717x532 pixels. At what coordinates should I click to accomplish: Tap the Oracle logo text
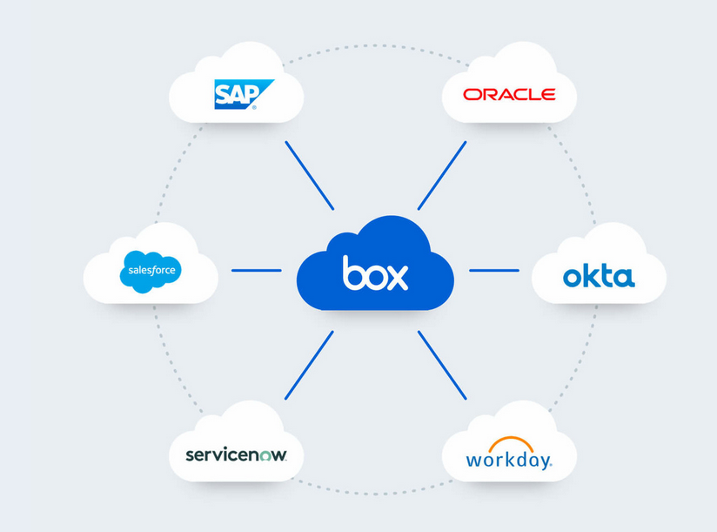click(509, 94)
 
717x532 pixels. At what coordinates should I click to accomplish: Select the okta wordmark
click(599, 277)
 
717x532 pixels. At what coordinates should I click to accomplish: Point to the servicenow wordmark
click(236, 455)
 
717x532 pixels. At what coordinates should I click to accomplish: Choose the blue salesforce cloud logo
click(151, 271)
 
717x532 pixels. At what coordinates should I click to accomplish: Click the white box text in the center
click(375, 273)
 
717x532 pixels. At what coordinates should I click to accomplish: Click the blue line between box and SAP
click(309, 175)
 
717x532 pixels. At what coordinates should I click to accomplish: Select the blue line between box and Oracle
click(442, 175)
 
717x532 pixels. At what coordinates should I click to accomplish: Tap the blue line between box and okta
click(494, 270)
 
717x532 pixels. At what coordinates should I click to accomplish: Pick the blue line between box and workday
click(442, 365)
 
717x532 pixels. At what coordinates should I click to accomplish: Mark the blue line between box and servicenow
click(309, 365)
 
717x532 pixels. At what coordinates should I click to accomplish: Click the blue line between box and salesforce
click(257, 270)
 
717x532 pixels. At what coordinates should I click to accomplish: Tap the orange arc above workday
click(510, 442)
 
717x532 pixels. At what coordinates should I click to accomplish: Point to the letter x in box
click(397, 276)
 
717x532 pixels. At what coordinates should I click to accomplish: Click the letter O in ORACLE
click(472, 94)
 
